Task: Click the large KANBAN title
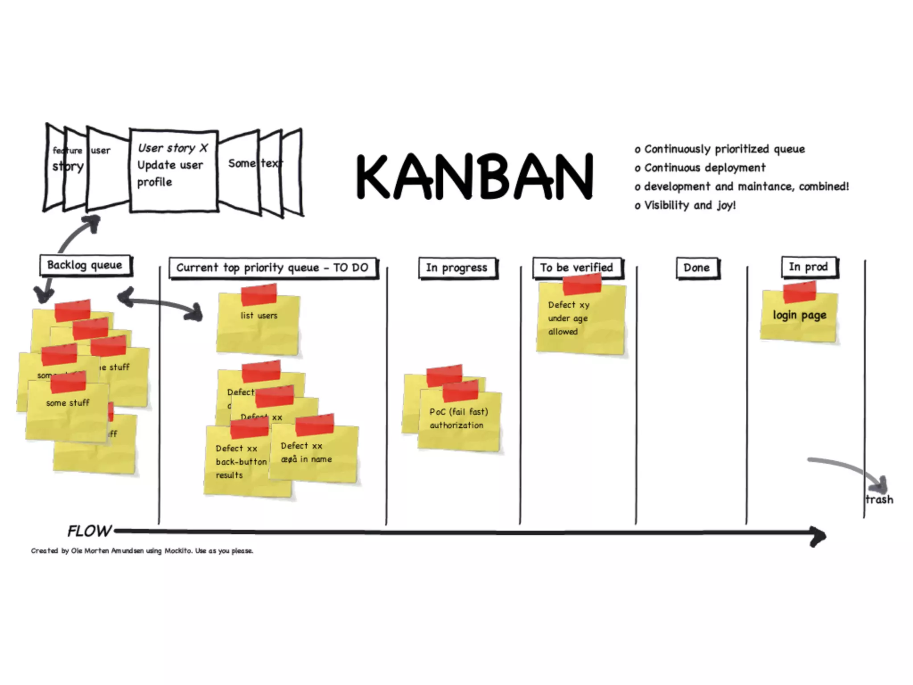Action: [x=474, y=177]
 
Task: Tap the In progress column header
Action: [x=457, y=268]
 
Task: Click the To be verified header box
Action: [x=577, y=268]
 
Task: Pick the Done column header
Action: [x=697, y=268]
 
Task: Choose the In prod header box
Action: [x=809, y=267]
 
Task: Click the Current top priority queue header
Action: [x=273, y=268]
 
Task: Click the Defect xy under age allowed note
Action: [x=580, y=321]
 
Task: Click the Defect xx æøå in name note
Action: [x=314, y=455]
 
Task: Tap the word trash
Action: [x=879, y=499]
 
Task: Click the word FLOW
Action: [x=89, y=531]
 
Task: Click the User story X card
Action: [x=173, y=169]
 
